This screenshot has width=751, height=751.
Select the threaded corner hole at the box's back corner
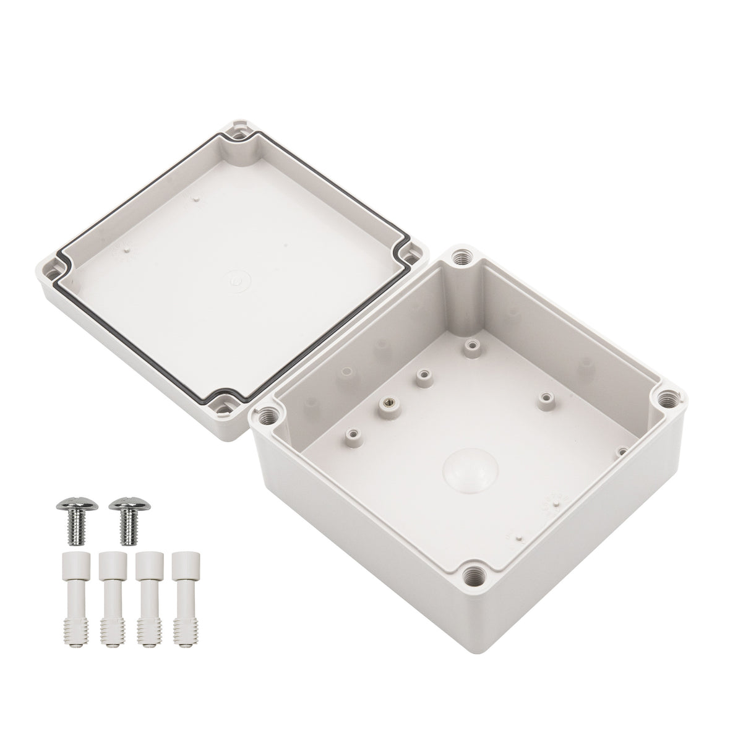click(x=461, y=255)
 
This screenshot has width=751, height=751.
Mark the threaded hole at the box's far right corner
click(x=667, y=400)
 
